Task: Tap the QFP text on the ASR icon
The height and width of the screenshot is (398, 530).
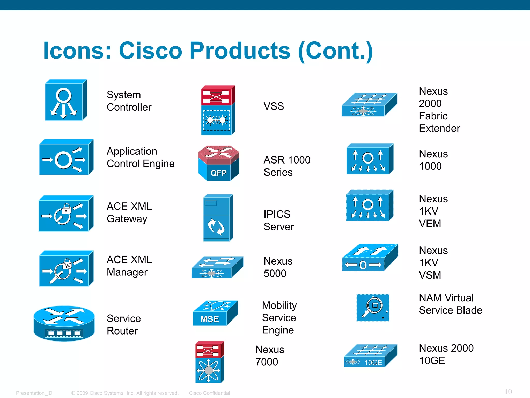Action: point(218,173)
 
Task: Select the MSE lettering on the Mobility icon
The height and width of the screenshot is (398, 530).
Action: point(210,319)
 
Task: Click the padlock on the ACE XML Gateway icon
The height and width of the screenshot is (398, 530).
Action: point(67,208)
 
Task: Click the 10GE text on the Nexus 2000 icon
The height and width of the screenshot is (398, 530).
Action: point(373,363)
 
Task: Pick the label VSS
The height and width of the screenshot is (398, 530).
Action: point(274,106)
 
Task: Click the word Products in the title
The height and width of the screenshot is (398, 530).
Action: point(240,51)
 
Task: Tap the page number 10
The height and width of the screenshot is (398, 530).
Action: point(508,392)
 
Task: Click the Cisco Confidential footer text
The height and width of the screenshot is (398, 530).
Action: point(209,393)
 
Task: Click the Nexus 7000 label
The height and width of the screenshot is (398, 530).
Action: point(269,356)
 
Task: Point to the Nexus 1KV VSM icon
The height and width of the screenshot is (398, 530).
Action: point(369,258)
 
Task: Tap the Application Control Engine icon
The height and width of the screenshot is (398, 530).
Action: point(66,158)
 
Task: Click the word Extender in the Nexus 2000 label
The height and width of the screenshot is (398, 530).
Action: point(439,128)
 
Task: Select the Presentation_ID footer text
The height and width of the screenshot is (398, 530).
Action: point(34,393)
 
